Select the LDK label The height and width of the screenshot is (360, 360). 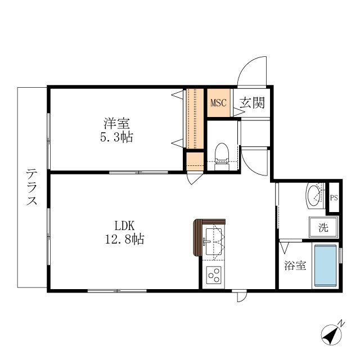(x=124, y=226)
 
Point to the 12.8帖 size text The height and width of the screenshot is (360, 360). (x=124, y=240)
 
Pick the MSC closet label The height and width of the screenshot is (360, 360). (x=218, y=103)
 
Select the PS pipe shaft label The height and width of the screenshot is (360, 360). (x=334, y=197)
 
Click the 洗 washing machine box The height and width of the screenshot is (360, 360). (x=323, y=228)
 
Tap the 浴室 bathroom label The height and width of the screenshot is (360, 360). (x=295, y=265)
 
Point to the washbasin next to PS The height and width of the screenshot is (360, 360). (x=314, y=196)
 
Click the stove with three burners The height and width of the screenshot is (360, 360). (x=214, y=276)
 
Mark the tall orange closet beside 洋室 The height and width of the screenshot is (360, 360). (x=195, y=118)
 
